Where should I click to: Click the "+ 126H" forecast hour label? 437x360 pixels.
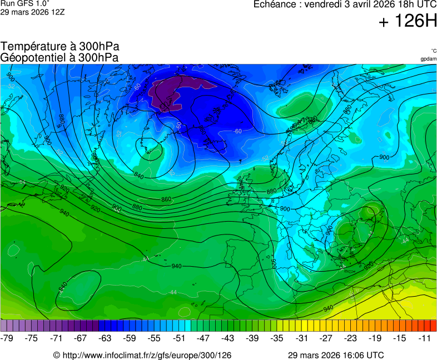408,22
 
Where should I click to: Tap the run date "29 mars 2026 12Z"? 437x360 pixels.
32,12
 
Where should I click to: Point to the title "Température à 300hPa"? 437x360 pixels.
59,47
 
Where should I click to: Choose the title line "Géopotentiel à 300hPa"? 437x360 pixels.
59,57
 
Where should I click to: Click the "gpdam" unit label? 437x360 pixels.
428,59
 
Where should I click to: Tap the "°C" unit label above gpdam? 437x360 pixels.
433,51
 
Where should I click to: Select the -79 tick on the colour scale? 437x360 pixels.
7,338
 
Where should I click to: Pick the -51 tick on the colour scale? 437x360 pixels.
179,338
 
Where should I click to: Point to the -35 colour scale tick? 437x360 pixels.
277,338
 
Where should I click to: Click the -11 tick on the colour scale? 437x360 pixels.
424,338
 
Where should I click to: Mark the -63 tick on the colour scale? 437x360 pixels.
106,338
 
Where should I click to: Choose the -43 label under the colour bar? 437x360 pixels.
228,338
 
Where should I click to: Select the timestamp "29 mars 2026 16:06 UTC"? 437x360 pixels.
335,355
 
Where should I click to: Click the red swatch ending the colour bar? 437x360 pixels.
433,326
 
